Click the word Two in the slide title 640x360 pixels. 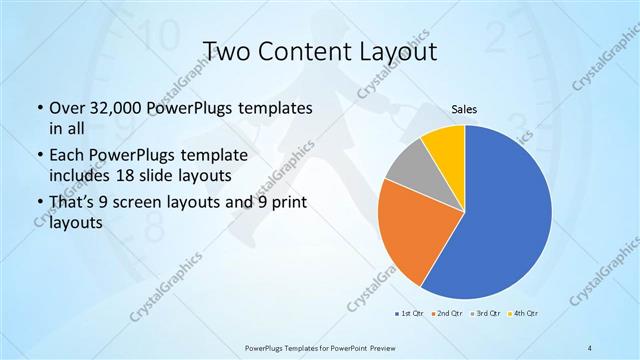click(x=229, y=51)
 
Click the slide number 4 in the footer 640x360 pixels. click(x=590, y=347)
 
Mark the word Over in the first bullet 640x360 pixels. click(x=69, y=107)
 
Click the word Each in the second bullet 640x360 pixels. click(x=68, y=157)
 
